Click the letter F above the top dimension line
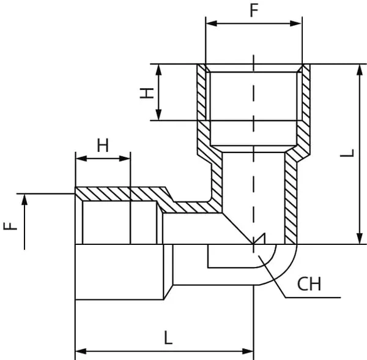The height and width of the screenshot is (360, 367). [253, 10]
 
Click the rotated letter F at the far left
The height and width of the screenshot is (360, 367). [10, 225]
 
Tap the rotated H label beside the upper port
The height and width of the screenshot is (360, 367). [146, 92]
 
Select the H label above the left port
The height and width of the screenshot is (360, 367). [103, 145]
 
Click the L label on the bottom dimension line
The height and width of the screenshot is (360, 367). [169, 337]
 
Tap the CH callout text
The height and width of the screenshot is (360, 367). [309, 284]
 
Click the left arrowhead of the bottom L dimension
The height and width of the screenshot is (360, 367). [79, 352]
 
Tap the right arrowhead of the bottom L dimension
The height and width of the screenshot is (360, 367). [249, 352]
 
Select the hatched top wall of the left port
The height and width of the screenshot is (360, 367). [116, 194]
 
